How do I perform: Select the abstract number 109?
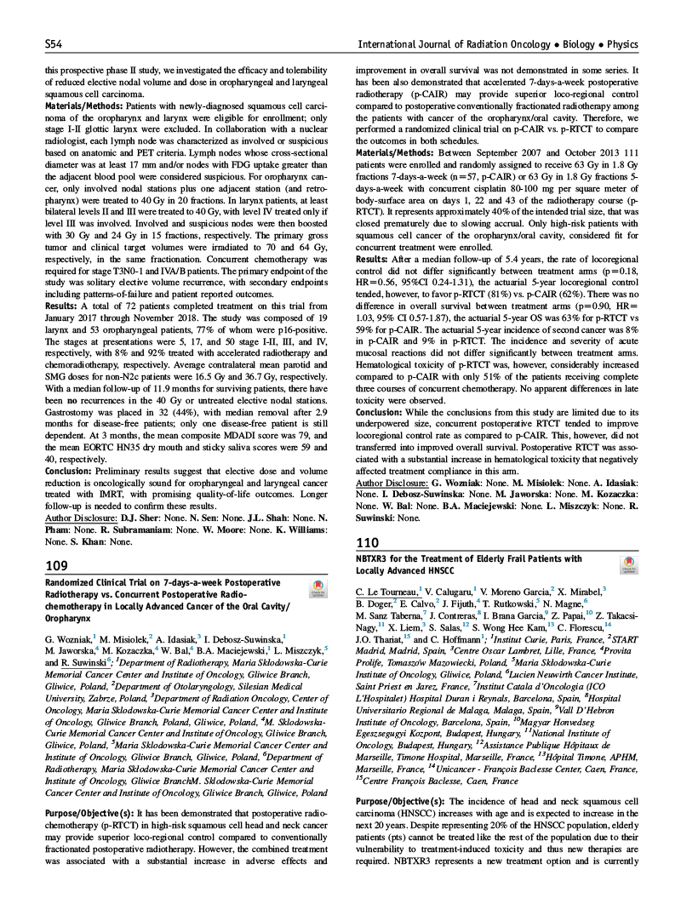click(x=58, y=567)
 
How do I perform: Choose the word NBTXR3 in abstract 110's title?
click(x=375, y=558)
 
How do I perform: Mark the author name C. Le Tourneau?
click(x=385, y=589)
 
